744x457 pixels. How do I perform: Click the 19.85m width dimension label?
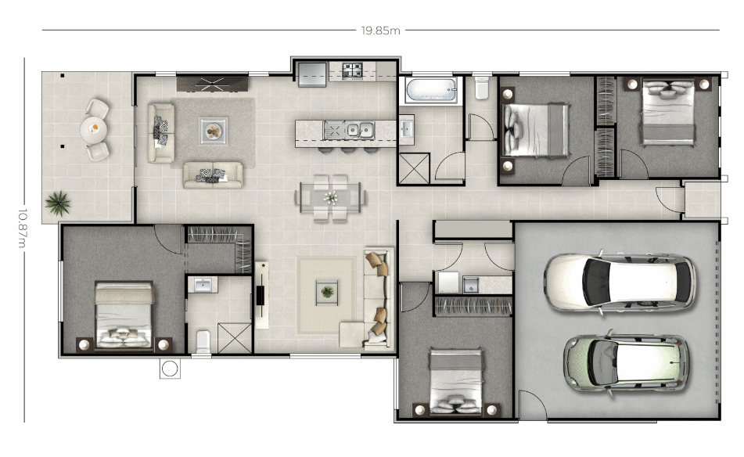[380, 31]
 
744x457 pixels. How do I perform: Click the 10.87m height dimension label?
[22, 228]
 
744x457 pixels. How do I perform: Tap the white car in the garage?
[619, 282]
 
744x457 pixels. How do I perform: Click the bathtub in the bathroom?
[431, 90]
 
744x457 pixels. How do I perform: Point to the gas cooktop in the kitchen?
[352, 70]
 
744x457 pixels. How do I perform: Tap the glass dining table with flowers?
[330, 197]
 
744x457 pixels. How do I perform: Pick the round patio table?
[93, 130]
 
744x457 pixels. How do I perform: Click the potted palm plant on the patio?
[58, 203]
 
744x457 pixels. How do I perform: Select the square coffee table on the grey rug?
[213, 131]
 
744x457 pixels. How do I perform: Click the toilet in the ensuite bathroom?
[203, 341]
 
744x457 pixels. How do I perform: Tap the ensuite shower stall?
[235, 338]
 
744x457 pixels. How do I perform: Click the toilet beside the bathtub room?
[482, 88]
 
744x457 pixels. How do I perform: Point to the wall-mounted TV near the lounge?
[261, 295]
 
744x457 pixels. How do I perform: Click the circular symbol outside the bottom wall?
[170, 369]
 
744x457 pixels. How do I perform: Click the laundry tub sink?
[471, 284]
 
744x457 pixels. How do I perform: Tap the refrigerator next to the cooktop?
[312, 74]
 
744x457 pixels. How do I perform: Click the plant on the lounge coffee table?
[327, 292]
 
